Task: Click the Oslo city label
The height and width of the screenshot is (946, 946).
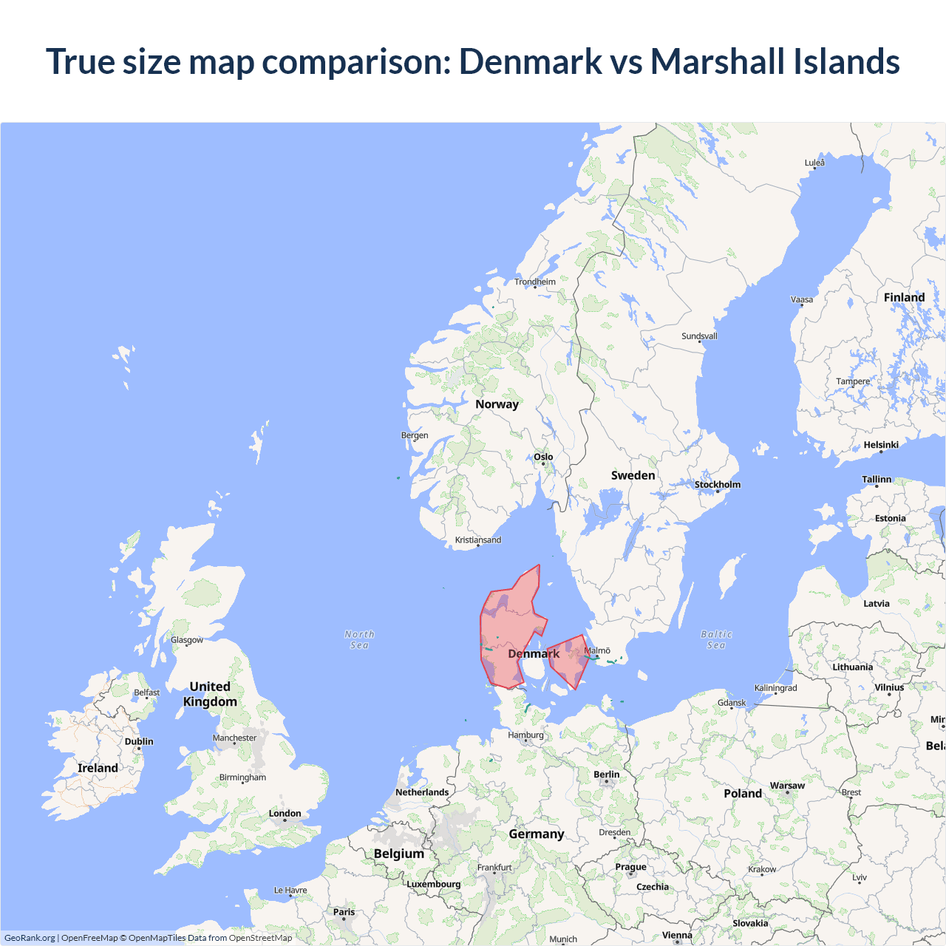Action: point(543,457)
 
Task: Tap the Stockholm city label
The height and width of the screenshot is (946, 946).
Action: point(717,485)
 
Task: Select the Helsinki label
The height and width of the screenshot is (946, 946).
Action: point(881,445)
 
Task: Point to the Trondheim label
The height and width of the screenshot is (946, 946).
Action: point(535,282)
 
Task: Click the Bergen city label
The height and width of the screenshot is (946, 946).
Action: point(415,435)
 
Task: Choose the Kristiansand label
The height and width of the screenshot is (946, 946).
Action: point(478,540)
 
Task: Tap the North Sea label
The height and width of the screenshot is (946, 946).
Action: point(359,639)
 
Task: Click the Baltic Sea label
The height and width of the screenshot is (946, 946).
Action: point(716,639)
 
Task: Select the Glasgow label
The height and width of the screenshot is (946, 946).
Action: point(187,640)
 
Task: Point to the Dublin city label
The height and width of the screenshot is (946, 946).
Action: point(139,741)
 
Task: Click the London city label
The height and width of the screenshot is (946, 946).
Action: point(285,813)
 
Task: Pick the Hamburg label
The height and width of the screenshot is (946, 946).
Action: point(525,735)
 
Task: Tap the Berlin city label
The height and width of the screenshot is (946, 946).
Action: point(607,775)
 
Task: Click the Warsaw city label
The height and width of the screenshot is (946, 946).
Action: point(787,786)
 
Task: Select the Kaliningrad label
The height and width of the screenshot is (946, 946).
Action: point(776,688)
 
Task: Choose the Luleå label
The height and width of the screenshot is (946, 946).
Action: point(814,163)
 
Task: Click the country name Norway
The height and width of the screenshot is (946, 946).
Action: point(497,404)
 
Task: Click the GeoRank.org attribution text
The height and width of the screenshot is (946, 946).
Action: point(30,938)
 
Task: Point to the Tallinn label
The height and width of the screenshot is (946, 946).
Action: point(877,480)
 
